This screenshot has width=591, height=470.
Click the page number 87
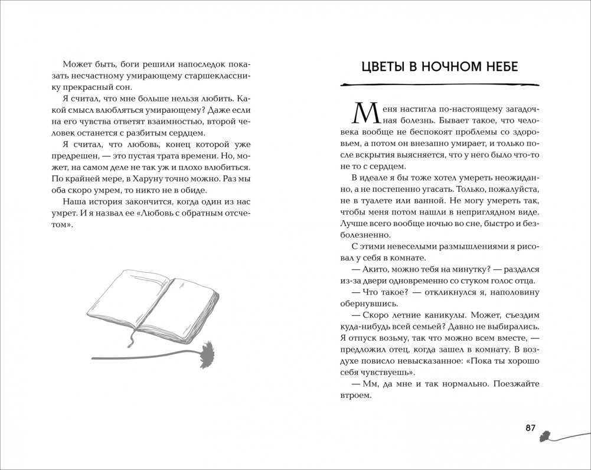(x=530, y=428)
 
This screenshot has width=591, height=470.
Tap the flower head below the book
(x=206, y=354)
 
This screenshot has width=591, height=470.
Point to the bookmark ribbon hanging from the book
(x=132, y=339)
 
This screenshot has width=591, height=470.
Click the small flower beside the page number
(x=546, y=435)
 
